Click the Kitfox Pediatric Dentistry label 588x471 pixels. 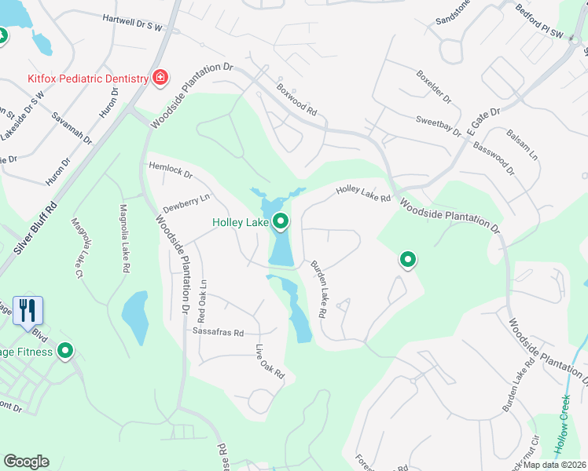point(88,78)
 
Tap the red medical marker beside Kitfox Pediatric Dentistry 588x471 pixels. point(160,78)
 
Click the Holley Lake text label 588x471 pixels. point(241,223)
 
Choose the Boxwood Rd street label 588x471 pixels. point(296,101)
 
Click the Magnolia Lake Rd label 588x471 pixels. point(123,239)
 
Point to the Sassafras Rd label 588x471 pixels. point(219,332)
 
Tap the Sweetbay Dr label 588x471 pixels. point(439,127)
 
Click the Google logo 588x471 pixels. point(26,462)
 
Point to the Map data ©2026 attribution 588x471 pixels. point(553,465)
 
